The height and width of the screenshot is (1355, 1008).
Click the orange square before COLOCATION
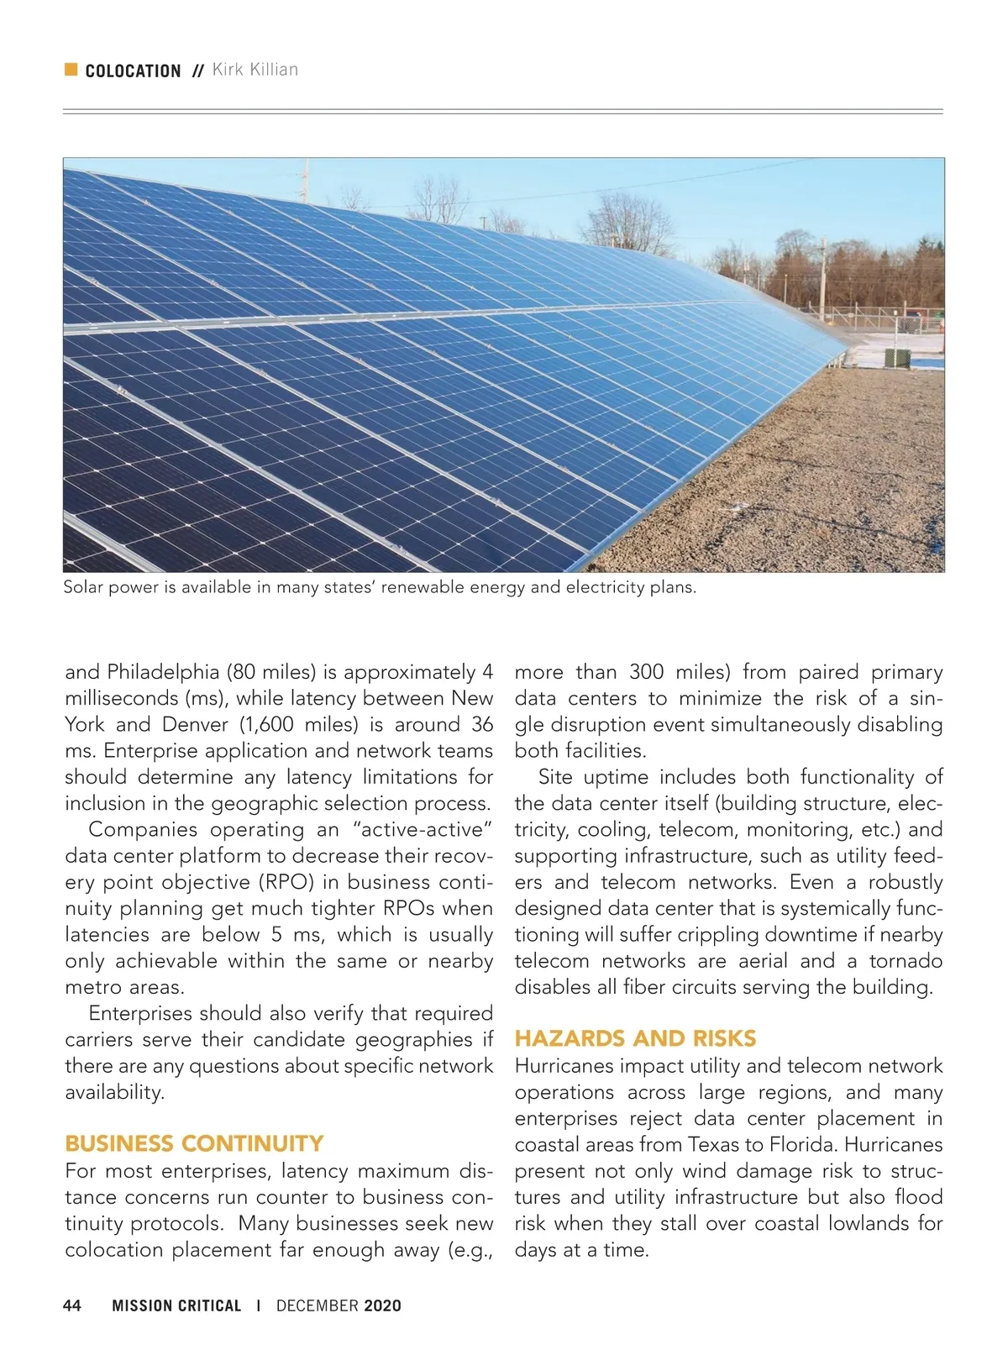[x=71, y=70]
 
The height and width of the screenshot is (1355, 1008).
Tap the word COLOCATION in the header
[x=133, y=71]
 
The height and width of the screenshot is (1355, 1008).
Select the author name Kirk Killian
[x=255, y=70]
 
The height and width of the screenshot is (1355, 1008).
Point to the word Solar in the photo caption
[x=83, y=588]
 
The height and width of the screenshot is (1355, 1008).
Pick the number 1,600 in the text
[x=267, y=725]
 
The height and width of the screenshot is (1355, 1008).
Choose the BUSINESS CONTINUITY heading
[x=194, y=1144]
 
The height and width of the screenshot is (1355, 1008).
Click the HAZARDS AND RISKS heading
[x=635, y=1039]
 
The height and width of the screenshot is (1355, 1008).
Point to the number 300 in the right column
[x=646, y=672]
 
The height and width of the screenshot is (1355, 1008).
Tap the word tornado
[x=906, y=961]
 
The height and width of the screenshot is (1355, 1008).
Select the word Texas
[x=715, y=1145]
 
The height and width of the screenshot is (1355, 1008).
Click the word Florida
[x=806, y=1145]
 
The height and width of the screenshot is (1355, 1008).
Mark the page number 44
[x=73, y=1305]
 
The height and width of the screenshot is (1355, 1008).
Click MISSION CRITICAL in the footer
[x=176, y=1306]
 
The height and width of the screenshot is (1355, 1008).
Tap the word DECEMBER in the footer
[x=318, y=1306]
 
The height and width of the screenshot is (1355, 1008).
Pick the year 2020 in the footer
[x=383, y=1306]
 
